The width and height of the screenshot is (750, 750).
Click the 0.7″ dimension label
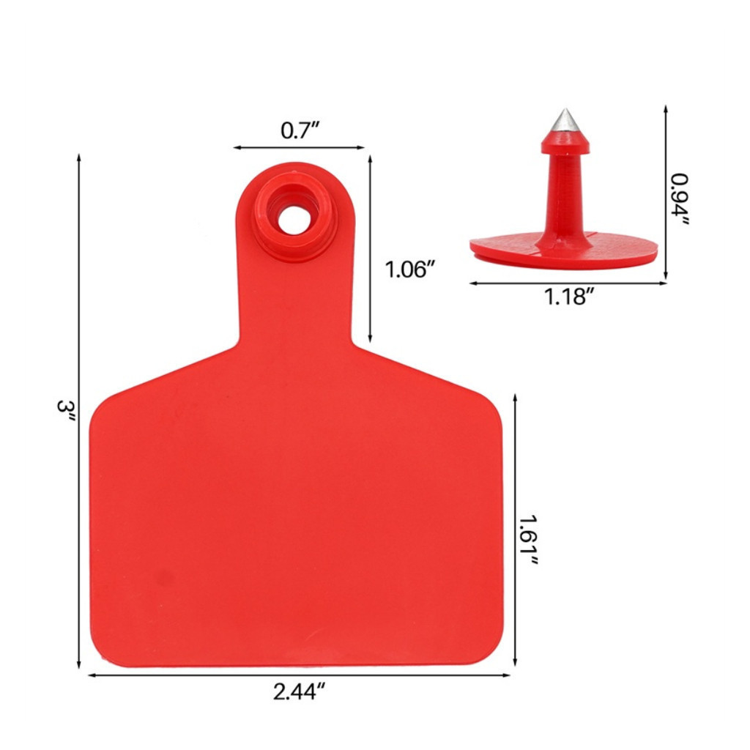pos(300,130)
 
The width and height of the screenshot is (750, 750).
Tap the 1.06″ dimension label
pos(410,270)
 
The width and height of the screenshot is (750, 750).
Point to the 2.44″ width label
pos(300,691)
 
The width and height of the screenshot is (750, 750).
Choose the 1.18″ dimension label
pos(568,297)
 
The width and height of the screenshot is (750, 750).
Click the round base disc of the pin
pos(563,250)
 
